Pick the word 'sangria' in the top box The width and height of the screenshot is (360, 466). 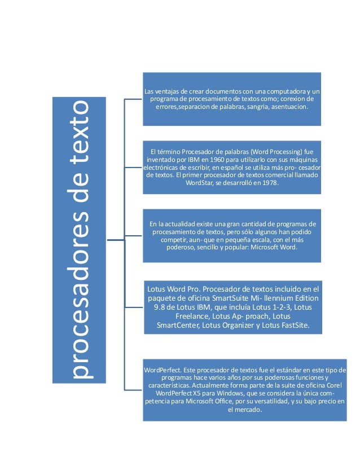260,106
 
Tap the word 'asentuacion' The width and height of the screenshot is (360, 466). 289,106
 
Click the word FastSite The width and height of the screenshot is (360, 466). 288,327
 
